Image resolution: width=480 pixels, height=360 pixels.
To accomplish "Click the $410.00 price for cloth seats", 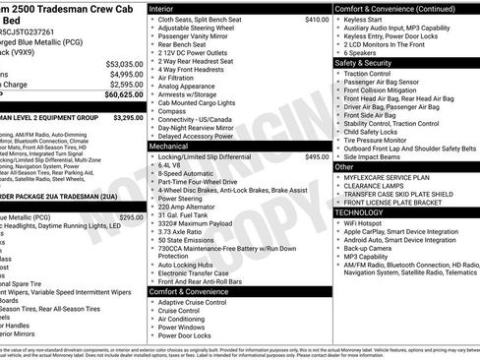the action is (317, 19).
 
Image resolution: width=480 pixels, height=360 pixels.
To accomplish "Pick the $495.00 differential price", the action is (317, 156).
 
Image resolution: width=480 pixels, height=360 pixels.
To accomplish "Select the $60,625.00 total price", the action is (125, 95).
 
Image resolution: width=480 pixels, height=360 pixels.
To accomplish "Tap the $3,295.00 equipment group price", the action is (128, 117).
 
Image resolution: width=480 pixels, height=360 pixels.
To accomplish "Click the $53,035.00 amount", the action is (125, 62).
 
